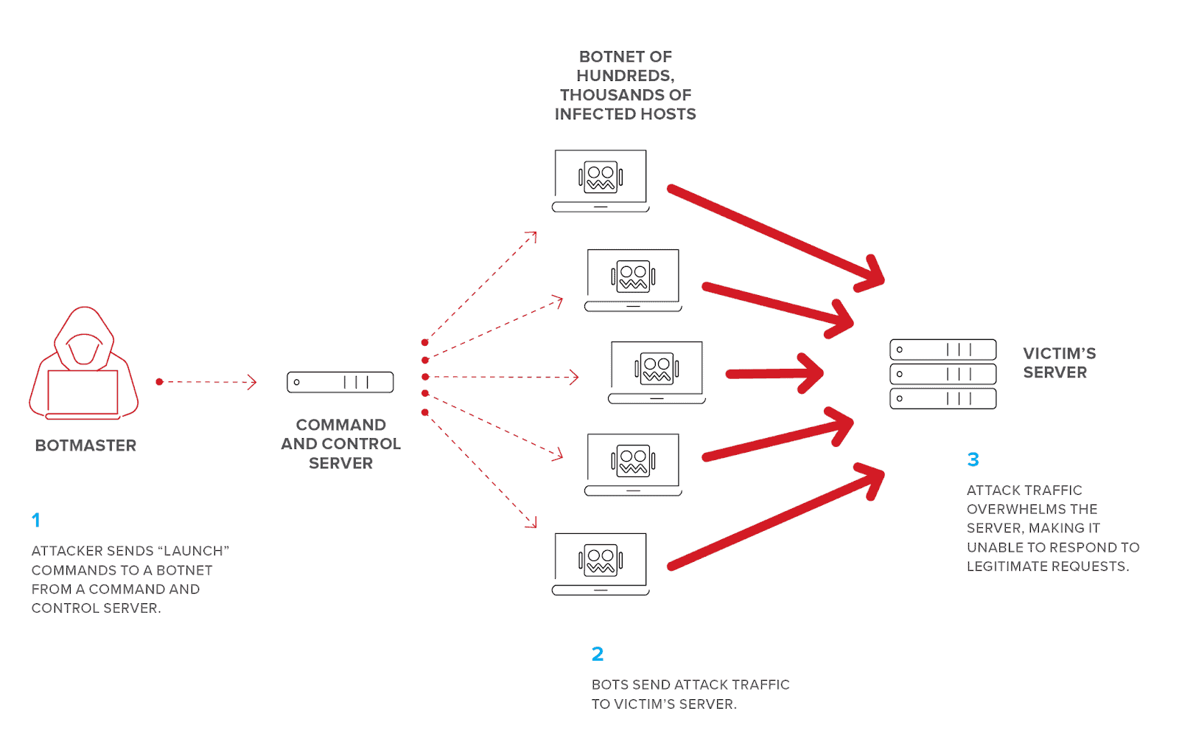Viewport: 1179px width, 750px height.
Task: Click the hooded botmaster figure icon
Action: [x=84, y=364]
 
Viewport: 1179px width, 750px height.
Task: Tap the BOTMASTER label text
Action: [x=85, y=445]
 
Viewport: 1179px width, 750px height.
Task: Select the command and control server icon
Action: [x=340, y=382]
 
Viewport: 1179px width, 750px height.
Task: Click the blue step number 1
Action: [x=36, y=521]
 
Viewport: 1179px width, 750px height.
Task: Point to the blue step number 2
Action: [x=598, y=654]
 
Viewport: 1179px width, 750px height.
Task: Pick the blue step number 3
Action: [x=973, y=459]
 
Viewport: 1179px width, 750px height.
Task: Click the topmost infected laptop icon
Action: [x=601, y=181]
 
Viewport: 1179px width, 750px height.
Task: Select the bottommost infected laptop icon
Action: [x=601, y=564]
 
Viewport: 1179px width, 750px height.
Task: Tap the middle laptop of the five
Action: [x=657, y=373]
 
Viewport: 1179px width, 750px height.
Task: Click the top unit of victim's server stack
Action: [x=943, y=350]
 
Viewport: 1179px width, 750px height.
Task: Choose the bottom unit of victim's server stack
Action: [x=943, y=399]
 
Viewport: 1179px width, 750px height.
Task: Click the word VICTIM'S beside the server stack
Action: [x=1060, y=353]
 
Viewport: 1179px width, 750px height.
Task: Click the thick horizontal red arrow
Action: [x=774, y=374]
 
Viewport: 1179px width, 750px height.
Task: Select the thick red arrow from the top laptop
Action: [x=777, y=236]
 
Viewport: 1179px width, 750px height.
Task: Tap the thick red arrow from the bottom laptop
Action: [x=777, y=516]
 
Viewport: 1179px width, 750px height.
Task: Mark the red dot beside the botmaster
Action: [x=159, y=382]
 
